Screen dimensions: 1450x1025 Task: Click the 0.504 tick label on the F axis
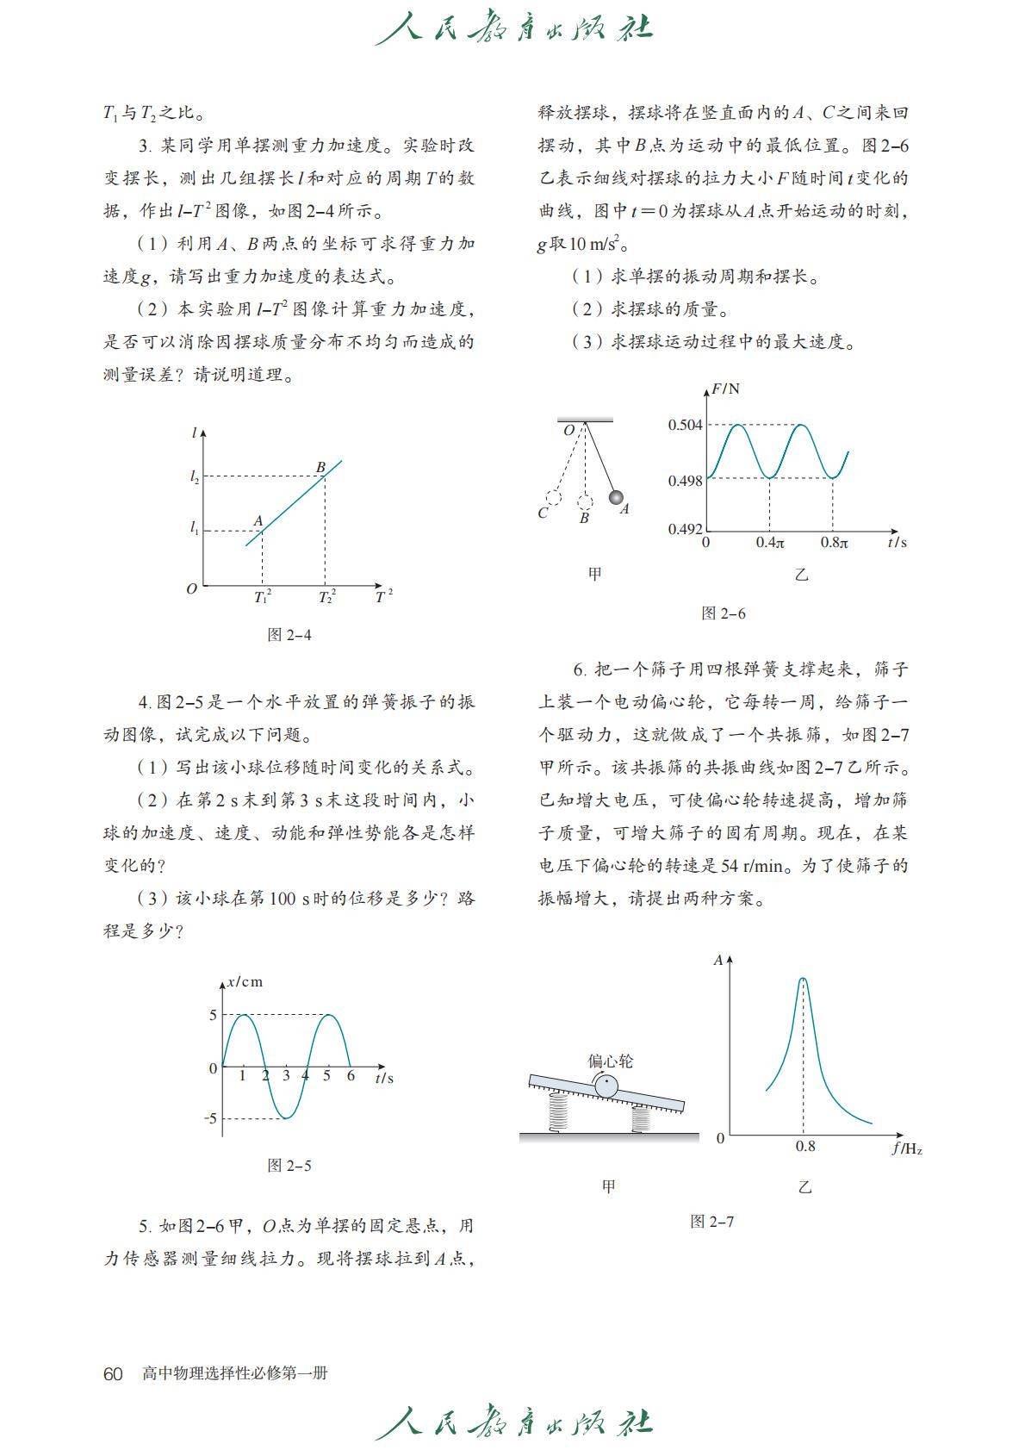click(685, 425)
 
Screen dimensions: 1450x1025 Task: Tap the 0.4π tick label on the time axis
click(770, 543)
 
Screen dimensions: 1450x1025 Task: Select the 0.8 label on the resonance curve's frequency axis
click(804, 1146)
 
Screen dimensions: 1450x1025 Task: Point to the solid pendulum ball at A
click(616, 497)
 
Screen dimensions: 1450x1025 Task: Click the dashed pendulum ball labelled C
click(554, 497)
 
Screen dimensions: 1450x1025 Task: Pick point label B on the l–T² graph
click(320, 467)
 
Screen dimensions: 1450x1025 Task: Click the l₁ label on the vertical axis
click(195, 528)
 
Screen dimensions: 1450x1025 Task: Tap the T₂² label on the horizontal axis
click(326, 597)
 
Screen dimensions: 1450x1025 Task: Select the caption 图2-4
click(289, 635)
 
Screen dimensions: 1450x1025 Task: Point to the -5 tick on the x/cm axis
click(211, 1118)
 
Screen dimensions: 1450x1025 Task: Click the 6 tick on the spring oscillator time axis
click(351, 1075)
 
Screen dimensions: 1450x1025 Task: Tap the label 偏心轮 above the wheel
click(610, 1061)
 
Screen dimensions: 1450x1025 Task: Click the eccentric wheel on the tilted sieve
click(606, 1086)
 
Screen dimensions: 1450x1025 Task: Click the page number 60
click(113, 1373)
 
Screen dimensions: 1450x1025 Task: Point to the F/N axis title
click(725, 389)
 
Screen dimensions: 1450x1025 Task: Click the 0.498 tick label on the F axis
click(685, 481)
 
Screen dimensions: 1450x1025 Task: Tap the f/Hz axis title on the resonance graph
click(906, 1148)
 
